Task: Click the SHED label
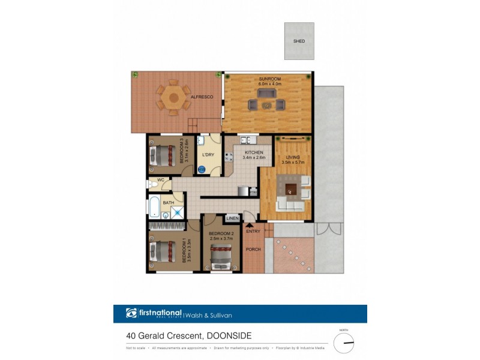click(x=299, y=41)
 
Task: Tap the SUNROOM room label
click(x=269, y=79)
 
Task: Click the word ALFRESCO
click(x=202, y=97)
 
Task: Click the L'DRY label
click(x=208, y=155)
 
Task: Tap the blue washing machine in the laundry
click(x=202, y=170)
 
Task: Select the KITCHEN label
click(x=253, y=153)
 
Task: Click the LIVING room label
click(x=293, y=157)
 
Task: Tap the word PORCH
click(x=253, y=250)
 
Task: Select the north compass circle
click(x=344, y=343)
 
